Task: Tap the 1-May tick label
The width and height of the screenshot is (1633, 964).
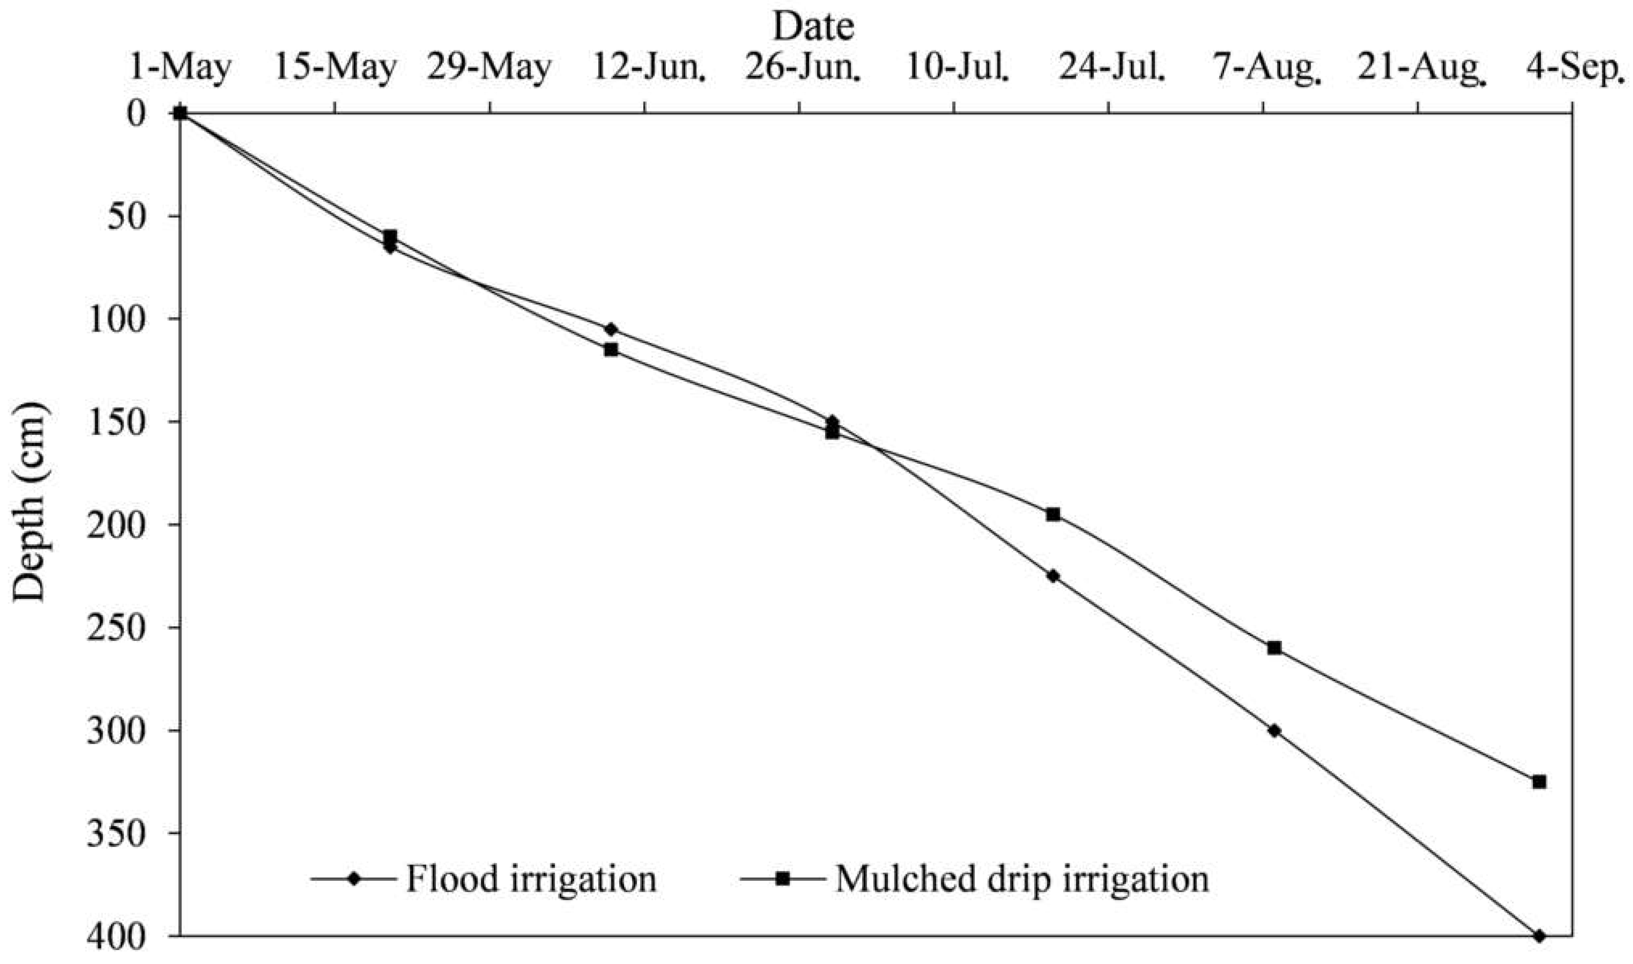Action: click(180, 68)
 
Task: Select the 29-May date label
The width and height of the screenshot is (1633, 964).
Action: click(488, 68)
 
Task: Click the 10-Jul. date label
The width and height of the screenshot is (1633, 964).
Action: click(958, 68)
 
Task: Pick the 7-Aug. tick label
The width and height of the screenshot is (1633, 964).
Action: click(1267, 68)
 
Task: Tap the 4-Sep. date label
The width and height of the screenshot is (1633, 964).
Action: click(1578, 68)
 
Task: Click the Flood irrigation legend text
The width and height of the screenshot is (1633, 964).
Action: click(531, 879)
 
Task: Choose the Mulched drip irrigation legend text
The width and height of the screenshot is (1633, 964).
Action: click(1022, 879)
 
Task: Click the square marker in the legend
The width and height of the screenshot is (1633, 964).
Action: click(783, 879)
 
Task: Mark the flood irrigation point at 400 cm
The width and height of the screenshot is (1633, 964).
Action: click(1539, 936)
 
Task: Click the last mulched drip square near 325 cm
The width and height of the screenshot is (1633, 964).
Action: click(1539, 782)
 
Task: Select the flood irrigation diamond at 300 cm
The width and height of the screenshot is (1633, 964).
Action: click(1274, 730)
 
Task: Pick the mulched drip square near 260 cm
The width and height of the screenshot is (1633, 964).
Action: click(1274, 648)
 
